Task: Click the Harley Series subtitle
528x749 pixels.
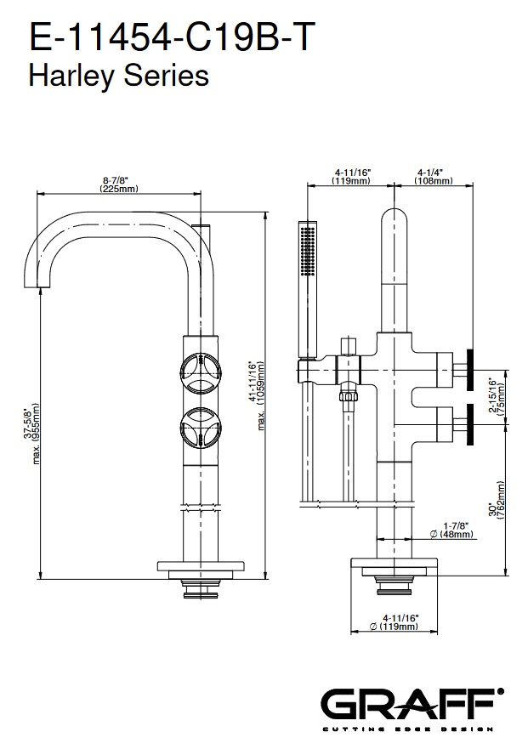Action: pos(119,77)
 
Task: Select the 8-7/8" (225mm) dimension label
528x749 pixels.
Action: pos(119,184)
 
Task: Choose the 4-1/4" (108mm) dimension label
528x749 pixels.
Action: pos(433,177)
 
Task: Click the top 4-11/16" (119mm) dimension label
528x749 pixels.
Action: pos(350,177)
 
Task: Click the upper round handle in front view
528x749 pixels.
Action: pos(201,368)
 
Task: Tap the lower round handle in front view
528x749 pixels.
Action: pos(201,428)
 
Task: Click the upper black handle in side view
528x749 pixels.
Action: pos(469,368)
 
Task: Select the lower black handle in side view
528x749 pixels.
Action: pos(469,423)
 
